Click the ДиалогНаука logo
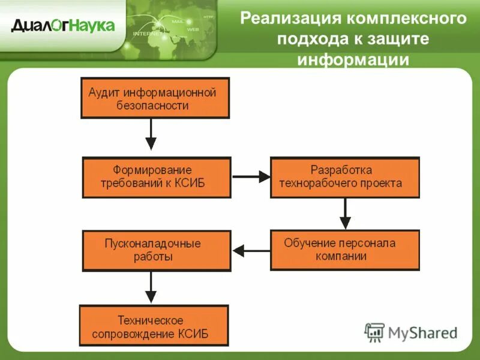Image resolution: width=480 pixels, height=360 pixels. pyautogui.click(x=62, y=25)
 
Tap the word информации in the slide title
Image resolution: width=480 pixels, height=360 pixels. pyautogui.click(x=353, y=60)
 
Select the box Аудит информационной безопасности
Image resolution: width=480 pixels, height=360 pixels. pyautogui.click(x=155, y=98)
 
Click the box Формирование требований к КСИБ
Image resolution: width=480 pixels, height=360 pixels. pyautogui.click(x=157, y=178)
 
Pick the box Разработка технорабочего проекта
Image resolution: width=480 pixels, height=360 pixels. pyautogui.click(x=344, y=177)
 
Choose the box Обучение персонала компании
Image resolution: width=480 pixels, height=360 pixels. pyautogui.click(x=344, y=250)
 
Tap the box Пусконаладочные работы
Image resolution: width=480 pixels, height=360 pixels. pyautogui.click(x=157, y=251)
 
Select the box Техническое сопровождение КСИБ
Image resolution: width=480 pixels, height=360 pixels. pyautogui.click(x=154, y=326)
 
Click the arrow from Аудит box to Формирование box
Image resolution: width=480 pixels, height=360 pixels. pyautogui.click(x=151, y=135)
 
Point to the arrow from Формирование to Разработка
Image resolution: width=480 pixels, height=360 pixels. pyautogui.click(x=251, y=176)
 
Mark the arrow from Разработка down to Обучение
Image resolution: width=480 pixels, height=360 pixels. pyautogui.click(x=345, y=214)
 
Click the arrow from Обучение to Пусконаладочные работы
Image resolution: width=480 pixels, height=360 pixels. pyautogui.click(x=251, y=250)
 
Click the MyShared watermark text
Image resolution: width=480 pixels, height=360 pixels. pyautogui.click(x=422, y=332)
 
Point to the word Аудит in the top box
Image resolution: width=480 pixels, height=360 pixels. pyautogui.click(x=105, y=93)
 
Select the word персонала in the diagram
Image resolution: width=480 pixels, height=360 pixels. pyautogui.click(x=366, y=243)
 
